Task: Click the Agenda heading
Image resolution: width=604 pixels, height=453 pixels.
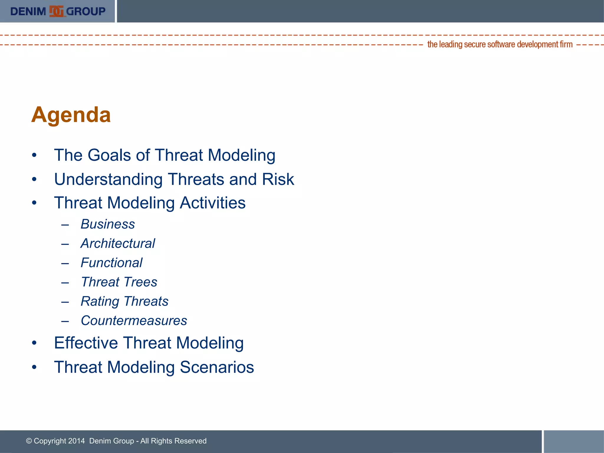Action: (71, 115)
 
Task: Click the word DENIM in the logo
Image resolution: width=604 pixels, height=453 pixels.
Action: (28, 12)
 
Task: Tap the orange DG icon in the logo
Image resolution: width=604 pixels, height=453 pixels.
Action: (56, 12)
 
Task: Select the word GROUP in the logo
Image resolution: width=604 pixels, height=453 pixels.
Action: (86, 12)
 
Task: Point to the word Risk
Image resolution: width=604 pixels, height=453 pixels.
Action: (278, 179)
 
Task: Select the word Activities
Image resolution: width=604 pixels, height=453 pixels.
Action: (213, 203)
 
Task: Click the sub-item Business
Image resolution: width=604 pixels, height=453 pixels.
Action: (108, 224)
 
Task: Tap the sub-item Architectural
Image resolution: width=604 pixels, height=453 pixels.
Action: (118, 244)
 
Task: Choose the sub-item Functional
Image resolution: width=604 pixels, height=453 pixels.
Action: (111, 263)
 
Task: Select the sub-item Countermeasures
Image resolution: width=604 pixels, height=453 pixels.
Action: (134, 321)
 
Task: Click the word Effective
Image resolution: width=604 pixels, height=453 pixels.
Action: (86, 343)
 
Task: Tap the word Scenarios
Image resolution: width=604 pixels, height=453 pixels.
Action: (217, 367)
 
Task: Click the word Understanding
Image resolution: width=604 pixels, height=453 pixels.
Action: (108, 179)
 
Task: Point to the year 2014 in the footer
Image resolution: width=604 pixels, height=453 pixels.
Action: (76, 441)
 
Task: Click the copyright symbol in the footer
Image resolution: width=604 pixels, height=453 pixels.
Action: (29, 441)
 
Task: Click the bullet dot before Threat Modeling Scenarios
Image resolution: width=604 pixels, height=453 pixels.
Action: (34, 367)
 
